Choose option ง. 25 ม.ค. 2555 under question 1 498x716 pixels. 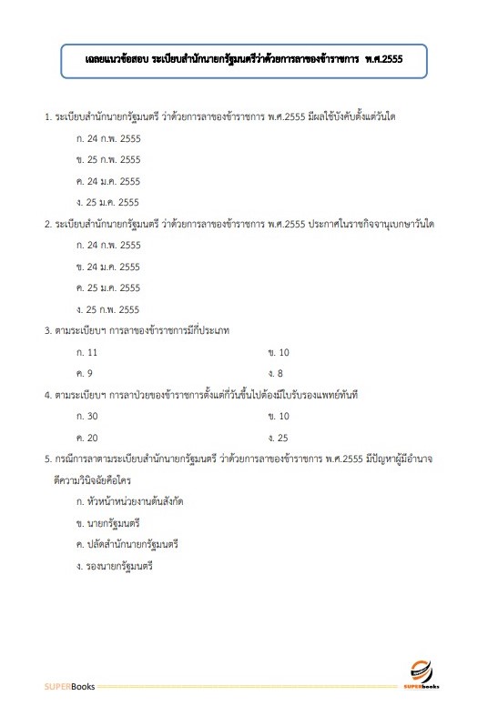tap(108, 202)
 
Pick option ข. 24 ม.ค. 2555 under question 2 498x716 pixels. tap(108, 267)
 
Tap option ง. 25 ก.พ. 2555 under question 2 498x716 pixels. tap(108, 309)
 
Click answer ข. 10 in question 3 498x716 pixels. tap(279, 351)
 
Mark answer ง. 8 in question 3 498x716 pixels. tap(276, 373)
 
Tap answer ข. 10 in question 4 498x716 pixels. tap(279, 416)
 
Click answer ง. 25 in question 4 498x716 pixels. tap(279, 438)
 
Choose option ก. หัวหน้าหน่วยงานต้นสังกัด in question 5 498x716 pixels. tap(137, 501)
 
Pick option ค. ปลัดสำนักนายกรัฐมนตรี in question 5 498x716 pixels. tap(127, 544)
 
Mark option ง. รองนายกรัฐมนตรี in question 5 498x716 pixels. tap(116, 566)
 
